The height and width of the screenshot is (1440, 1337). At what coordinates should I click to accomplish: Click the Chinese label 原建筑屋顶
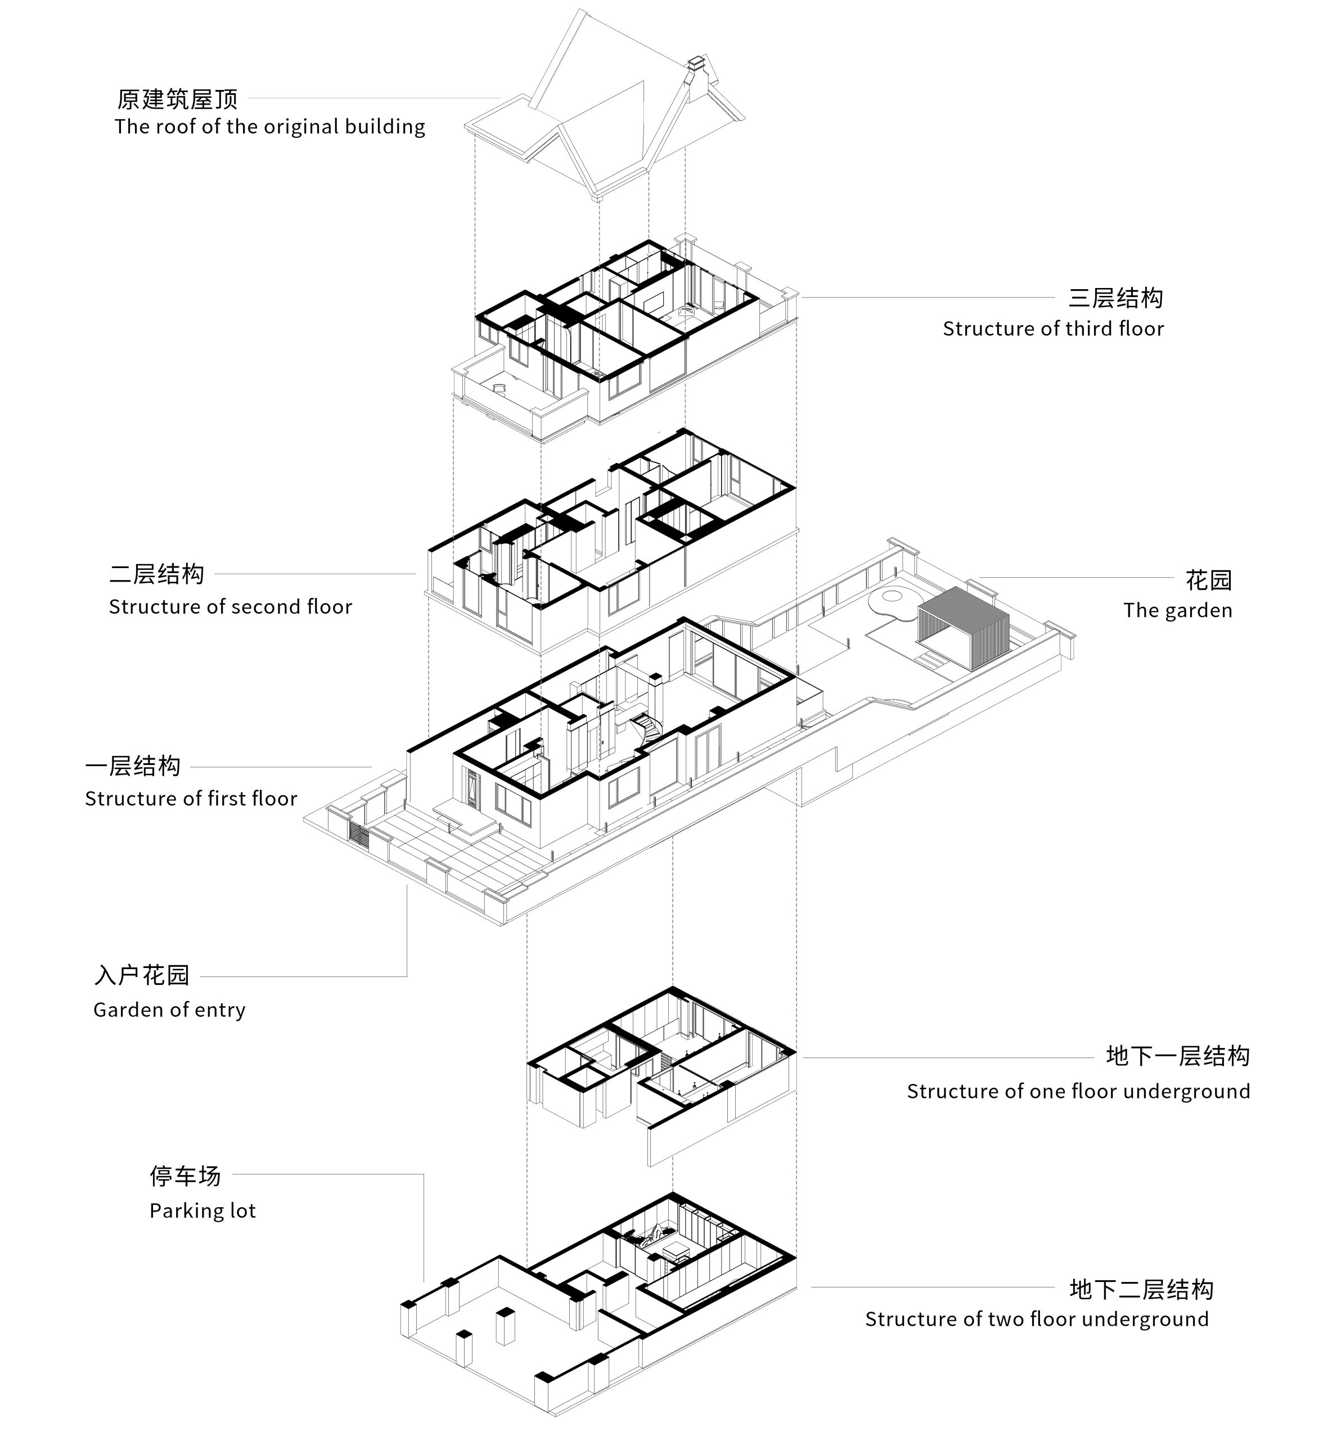[x=177, y=99]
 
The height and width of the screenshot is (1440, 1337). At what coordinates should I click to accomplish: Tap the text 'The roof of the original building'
[x=270, y=127]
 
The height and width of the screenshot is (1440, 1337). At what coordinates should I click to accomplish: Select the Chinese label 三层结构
[x=1115, y=298]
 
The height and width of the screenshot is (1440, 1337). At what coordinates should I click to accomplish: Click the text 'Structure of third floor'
[x=1053, y=329]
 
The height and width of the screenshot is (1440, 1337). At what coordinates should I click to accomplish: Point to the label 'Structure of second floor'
[x=230, y=606]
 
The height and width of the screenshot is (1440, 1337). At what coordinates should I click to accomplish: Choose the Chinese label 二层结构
[x=157, y=574]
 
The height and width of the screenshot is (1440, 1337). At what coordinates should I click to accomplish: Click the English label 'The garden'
[x=1177, y=611]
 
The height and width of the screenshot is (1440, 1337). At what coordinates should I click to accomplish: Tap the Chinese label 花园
[x=1208, y=579]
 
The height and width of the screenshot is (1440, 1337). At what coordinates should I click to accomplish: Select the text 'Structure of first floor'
[x=191, y=799]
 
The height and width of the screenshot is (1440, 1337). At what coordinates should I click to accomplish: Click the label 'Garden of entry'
[x=169, y=1010]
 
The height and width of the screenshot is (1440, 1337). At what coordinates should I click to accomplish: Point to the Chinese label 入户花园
[x=142, y=975]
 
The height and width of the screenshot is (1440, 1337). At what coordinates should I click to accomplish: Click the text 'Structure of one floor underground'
[x=1078, y=1091]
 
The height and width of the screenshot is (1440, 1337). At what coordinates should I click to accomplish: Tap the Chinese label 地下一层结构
[x=1177, y=1056]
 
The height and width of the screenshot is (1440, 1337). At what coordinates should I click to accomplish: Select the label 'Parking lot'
[x=202, y=1211]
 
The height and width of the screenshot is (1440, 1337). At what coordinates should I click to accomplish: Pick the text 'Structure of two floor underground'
[x=1037, y=1319]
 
